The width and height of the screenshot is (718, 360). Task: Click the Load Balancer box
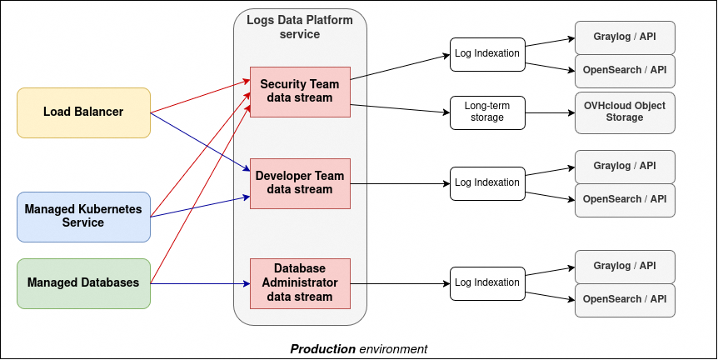83,112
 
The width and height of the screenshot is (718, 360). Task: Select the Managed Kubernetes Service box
83,217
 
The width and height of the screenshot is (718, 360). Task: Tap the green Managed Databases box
83,283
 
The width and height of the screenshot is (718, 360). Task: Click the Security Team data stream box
300,92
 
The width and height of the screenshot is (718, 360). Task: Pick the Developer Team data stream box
300,183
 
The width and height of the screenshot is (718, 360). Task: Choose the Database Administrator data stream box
300,283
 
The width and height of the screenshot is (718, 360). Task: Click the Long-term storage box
487,112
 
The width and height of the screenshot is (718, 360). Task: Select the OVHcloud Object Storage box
625,112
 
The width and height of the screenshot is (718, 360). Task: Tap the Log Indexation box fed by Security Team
487,54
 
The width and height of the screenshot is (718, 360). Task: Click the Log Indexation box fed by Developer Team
487,183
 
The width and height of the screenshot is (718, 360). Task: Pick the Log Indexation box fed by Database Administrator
487,283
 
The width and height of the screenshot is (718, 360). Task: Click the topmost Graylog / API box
625,37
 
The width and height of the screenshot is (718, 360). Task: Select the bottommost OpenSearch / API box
625,300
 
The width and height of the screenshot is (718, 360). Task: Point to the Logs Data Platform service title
300,27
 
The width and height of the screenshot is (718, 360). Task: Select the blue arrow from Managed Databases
200,283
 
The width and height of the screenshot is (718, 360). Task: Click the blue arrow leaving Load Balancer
200,142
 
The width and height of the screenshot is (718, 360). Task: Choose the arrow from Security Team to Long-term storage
400,107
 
